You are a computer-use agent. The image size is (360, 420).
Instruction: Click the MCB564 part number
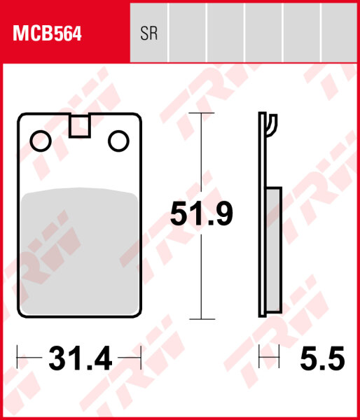tap(46, 34)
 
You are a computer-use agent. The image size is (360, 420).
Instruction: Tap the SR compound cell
tap(149, 34)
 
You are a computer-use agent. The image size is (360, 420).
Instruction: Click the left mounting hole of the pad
tap(41, 141)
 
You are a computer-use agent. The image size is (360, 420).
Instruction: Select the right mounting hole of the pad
tap(118, 141)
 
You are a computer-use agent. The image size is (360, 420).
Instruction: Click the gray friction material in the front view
tap(79, 252)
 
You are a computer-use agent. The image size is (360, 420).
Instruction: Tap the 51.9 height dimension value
tap(202, 214)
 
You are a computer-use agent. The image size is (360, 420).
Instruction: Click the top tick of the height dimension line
tap(202, 113)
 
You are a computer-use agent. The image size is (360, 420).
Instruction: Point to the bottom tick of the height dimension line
tap(202, 319)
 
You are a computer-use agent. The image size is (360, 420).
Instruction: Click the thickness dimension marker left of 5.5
tap(269, 359)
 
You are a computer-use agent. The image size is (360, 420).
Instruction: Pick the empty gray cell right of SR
tap(187, 34)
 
